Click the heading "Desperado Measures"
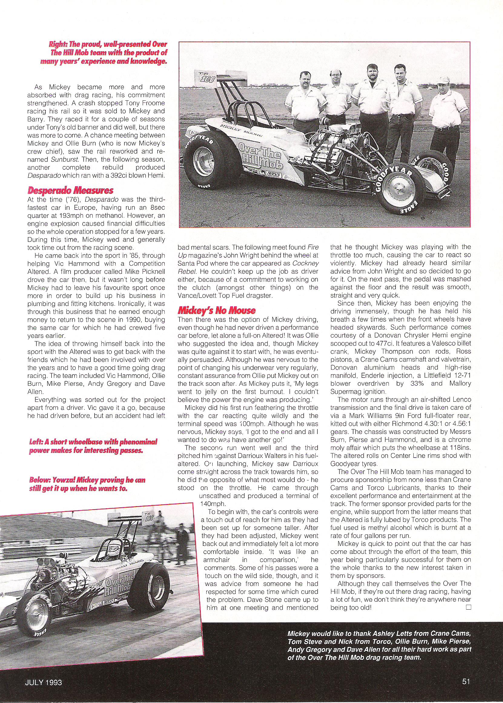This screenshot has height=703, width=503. tap(70, 190)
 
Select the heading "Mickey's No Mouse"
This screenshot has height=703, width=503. tap(216, 310)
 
